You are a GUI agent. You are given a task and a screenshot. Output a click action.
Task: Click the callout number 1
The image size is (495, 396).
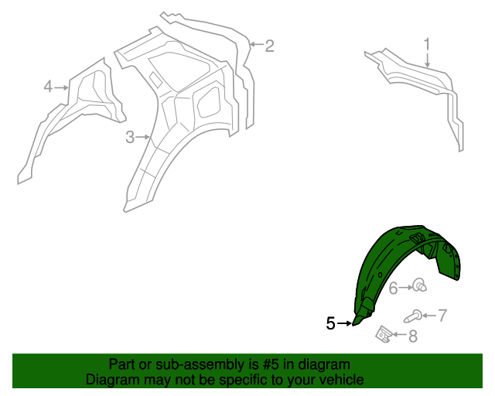coord(426,44)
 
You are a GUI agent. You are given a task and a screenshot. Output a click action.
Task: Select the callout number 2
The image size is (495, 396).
coord(269,46)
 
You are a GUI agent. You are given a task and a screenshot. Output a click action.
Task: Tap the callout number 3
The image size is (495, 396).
coord(130,138)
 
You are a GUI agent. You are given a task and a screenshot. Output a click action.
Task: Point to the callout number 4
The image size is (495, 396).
coord(48,87)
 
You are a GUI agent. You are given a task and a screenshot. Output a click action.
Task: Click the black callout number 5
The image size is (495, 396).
coord(330,323)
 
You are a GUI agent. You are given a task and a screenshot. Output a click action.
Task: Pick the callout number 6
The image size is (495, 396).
coord(393,288)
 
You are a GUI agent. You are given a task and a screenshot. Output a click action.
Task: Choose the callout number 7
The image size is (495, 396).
coord(442,315)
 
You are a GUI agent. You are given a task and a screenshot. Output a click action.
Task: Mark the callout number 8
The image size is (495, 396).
coord(413,336)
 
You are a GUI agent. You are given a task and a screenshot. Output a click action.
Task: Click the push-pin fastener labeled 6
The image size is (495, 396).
coord(420,285)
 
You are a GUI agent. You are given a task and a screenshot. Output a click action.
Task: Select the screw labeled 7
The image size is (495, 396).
coord(412,316)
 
